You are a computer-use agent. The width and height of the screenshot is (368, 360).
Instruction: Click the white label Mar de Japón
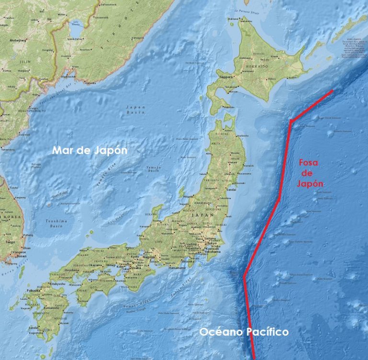pos(90,150)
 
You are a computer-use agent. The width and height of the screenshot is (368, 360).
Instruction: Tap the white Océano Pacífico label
pos(243,332)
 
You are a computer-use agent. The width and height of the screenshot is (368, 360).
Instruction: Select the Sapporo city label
pos(226,77)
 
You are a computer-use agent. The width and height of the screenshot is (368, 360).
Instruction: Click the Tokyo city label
pos(212,243)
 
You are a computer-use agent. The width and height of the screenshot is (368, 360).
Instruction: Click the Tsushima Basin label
pos(57,223)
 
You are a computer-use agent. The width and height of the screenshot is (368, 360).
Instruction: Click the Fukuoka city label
pos(34,290)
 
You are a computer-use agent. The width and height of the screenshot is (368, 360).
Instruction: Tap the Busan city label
pos(21,256)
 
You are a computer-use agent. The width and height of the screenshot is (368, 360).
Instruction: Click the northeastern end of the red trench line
pos(332,90)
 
